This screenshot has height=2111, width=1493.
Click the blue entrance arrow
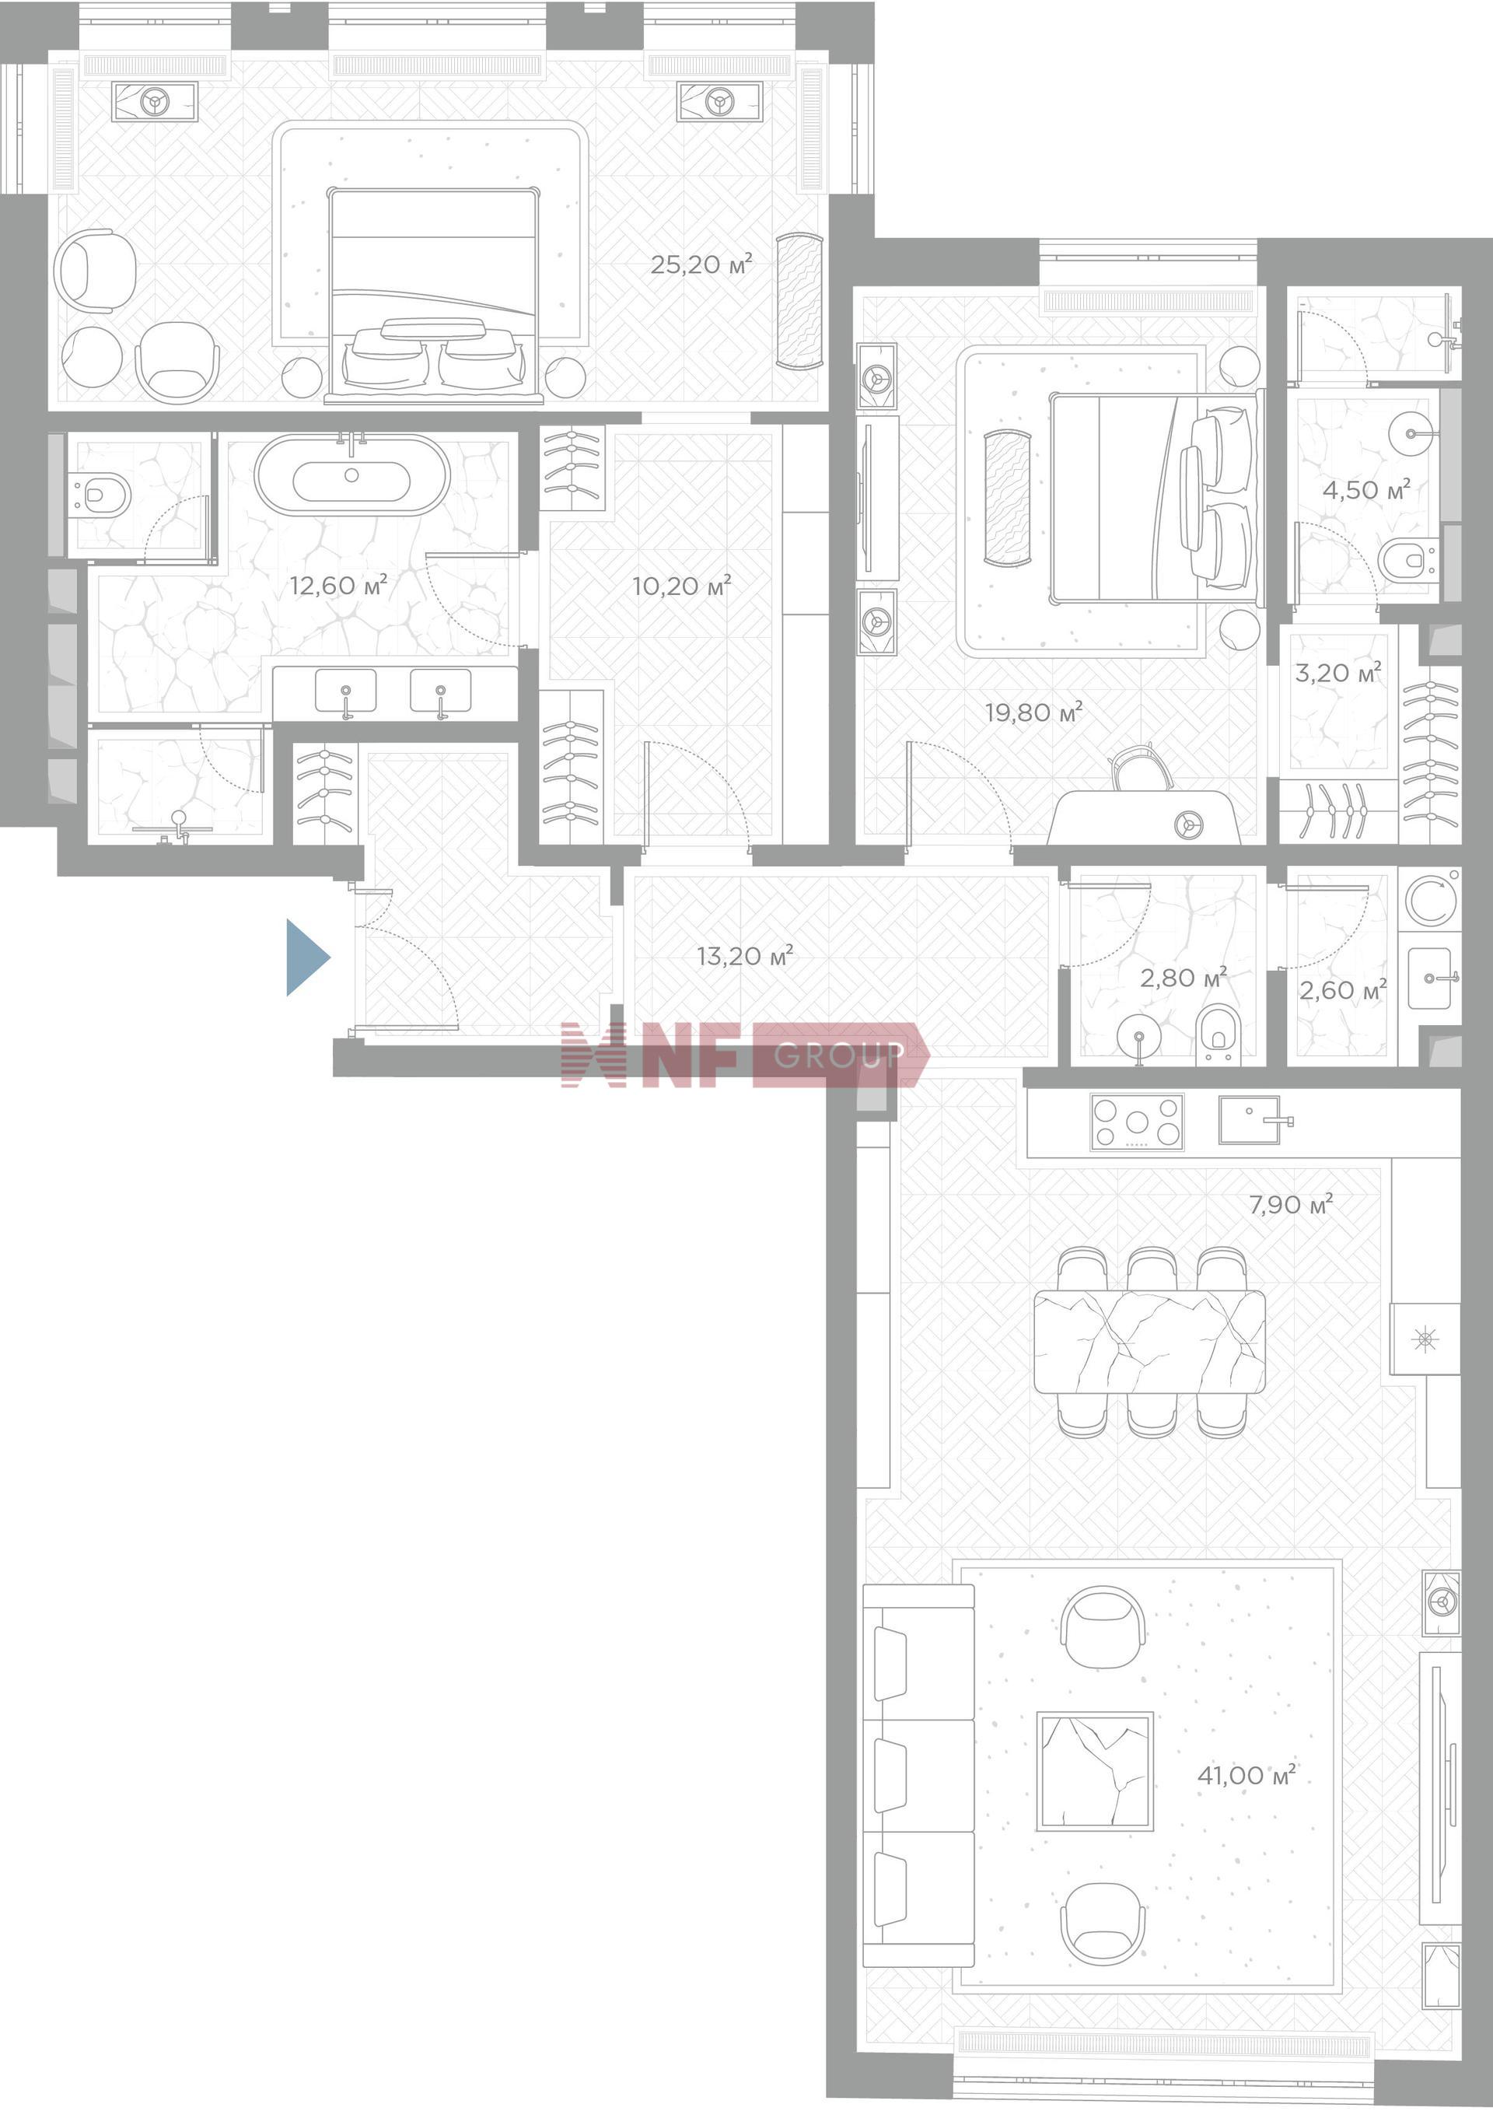tap(306, 957)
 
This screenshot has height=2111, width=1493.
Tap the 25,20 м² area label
tap(701, 264)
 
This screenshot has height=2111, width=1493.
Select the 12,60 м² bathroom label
tap(338, 585)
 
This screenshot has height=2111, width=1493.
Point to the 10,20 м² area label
tap(681, 586)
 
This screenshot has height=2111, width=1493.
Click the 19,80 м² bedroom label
tap(1033, 712)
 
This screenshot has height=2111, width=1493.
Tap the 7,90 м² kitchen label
tap(1291, 1204)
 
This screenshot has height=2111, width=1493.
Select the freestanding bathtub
tap(352, 474)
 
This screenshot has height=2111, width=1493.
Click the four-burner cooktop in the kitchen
tap(1137, 1122)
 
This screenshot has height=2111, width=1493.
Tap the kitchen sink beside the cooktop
tap(1250, 1120)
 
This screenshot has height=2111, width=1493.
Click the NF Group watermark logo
tap(746, 1055)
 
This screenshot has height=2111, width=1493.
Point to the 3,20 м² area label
tap(1337, 673)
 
